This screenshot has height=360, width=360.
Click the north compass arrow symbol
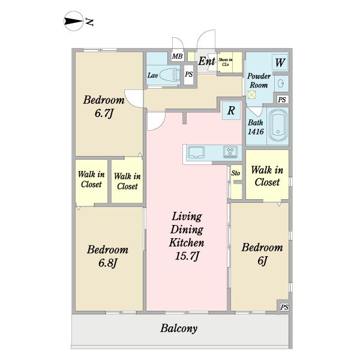[73, 21]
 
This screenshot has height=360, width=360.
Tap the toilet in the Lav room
[170, 74]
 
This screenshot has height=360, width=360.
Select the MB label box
[178, 56]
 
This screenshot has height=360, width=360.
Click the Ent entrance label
[206, 61]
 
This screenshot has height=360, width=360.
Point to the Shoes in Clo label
[225, 62]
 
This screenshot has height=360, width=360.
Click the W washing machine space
[280, 62]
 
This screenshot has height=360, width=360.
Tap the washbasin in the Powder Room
[281, 83]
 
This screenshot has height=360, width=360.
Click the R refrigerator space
[231, 110]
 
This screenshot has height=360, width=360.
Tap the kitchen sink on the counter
[196, 152]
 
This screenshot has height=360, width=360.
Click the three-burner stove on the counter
[230, 152]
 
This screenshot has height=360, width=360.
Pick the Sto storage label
[236, 173]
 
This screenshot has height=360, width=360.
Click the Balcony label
[179, 328]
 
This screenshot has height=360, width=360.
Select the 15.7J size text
[187, 256]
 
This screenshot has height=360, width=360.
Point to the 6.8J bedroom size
[107, 263]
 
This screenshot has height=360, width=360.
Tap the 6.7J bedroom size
[104, 113]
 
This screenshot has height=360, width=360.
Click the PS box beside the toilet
[189, 74]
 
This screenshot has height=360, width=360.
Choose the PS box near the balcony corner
[284, 307]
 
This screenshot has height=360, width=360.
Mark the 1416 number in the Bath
[256, 131]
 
